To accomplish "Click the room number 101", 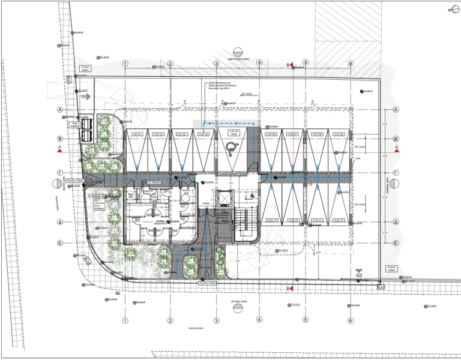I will pos(183,207).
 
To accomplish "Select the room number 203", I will pos(148,214).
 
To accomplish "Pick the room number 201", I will pos(165,191).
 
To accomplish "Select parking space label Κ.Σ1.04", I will pos(204,134).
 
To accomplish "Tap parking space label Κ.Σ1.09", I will pos(338,134).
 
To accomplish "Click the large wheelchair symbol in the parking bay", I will pos(231,146).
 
